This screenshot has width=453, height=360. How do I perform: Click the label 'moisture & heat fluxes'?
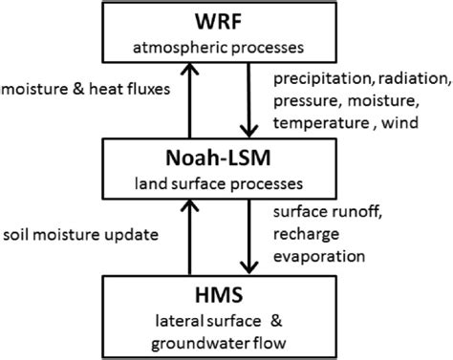click(x=87, y=90)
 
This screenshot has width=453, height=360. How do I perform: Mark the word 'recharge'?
click(x=302, y=234)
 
